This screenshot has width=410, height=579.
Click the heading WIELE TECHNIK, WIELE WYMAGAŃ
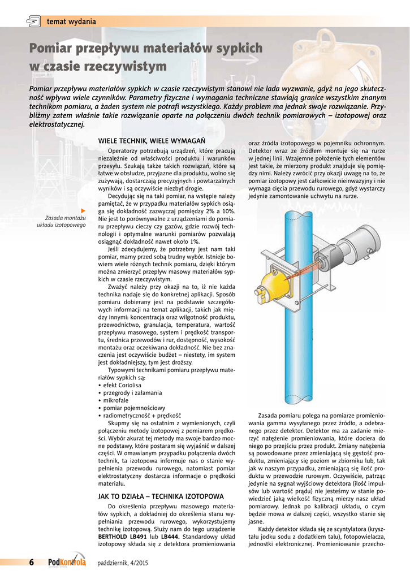click(152, 140)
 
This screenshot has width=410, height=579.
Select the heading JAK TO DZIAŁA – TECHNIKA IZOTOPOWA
click(161, 496)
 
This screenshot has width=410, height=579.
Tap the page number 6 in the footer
click(32, 562)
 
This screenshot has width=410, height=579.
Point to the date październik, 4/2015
click(123, 563)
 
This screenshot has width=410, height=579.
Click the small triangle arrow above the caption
click(83, 210)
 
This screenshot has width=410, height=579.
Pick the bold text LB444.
click(170, 535)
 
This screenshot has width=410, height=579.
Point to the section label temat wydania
click(71, 22)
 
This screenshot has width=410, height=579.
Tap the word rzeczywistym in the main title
click(125, 67)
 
